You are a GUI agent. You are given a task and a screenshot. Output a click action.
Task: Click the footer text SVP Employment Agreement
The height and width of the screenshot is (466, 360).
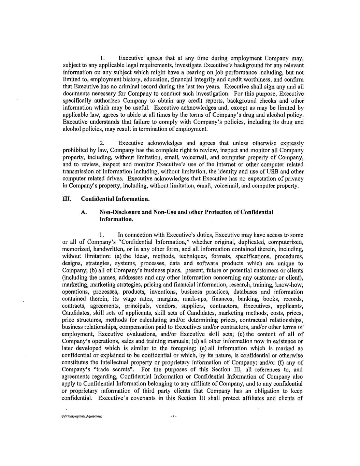(82, 417)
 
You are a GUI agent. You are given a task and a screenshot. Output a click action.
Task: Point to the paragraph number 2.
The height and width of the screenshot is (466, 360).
(101, 143)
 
